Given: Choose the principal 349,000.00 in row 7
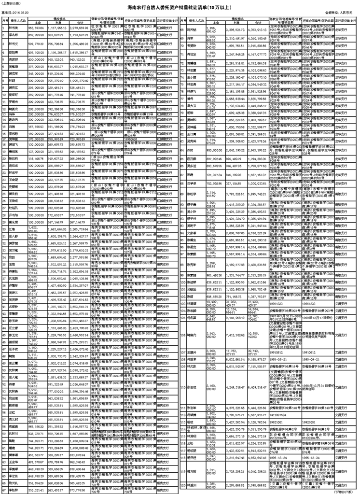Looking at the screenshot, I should [38, 73].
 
